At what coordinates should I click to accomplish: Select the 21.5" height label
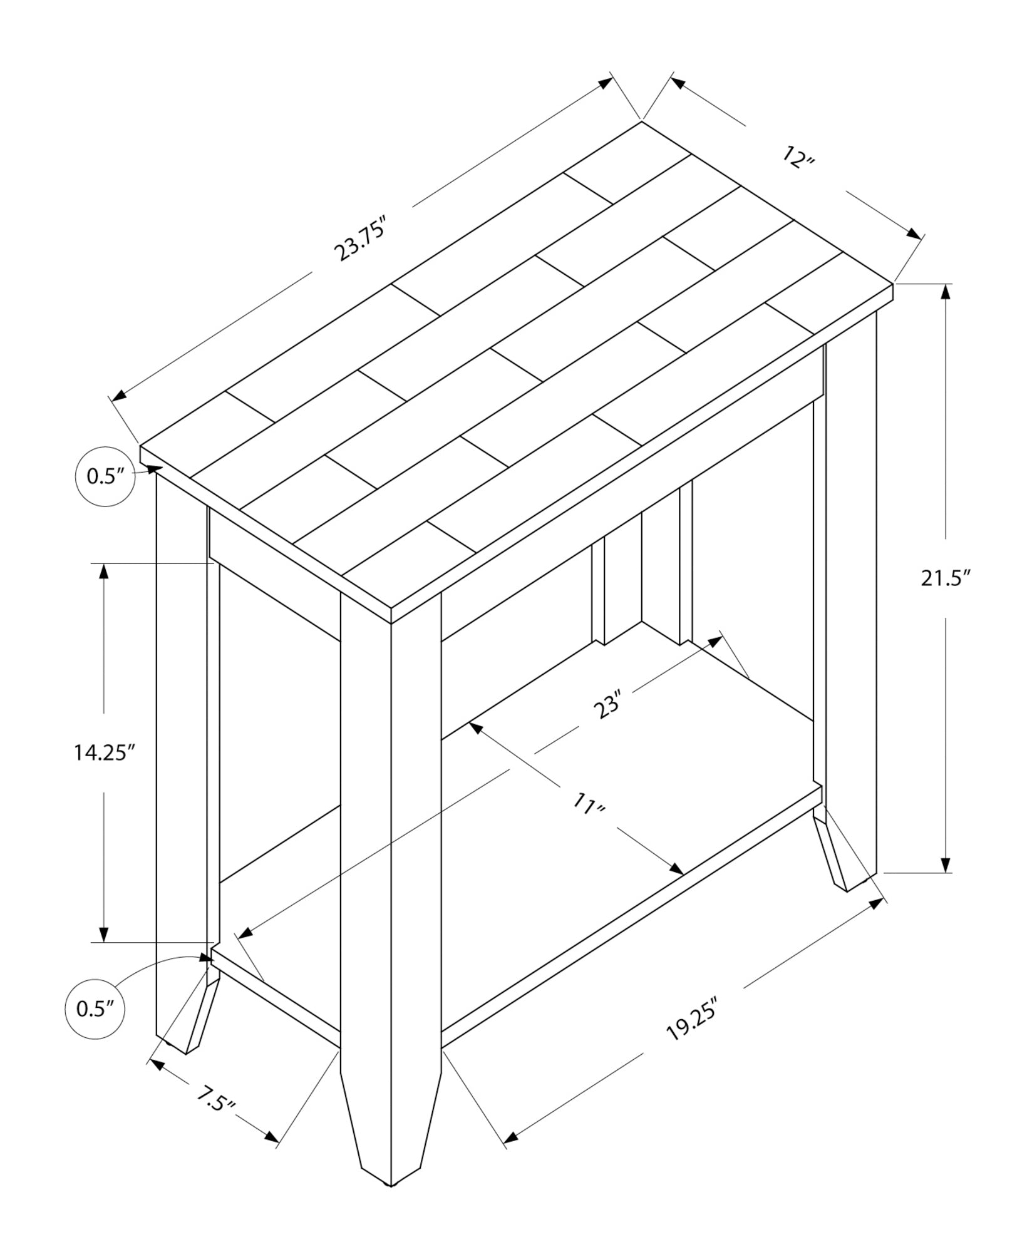click(946, 578)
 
